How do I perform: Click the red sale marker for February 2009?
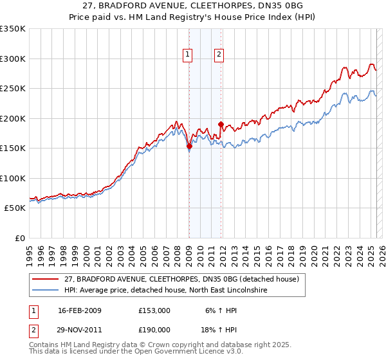pos(189,147)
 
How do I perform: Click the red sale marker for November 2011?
pos(221,124)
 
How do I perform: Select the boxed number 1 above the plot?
pos(188,55)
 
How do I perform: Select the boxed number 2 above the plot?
pos(219,55)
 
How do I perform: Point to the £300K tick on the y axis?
pos(13,59)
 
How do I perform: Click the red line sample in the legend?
pos(46,280)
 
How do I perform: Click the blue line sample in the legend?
pos(46,291)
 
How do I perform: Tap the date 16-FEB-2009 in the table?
pos(80,310)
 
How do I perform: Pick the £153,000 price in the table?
pos(154,310)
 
